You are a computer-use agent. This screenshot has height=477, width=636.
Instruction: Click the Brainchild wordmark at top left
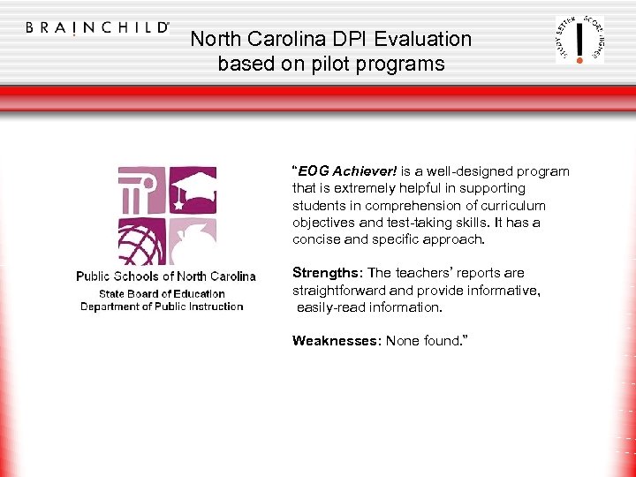[97, 27]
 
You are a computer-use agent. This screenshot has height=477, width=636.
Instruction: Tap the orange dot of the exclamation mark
[579, 60]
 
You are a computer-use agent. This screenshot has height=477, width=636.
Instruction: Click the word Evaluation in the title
[422, 39]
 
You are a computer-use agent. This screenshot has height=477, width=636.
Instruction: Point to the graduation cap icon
[193, 188]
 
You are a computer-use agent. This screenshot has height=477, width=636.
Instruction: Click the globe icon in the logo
[140, 240]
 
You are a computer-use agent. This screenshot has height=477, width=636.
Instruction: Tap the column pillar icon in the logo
[140, 188]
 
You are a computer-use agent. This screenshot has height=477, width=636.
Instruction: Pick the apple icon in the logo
[193, 240]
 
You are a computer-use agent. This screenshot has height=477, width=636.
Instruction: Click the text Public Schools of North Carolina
[166, 276]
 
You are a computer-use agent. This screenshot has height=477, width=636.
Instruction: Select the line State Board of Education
[162, 293]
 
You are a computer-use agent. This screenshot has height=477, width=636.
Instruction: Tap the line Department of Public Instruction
[162, 307]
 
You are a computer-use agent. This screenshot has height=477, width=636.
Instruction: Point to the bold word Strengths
[326, 273]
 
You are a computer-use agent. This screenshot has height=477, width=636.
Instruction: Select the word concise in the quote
[314, 239]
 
